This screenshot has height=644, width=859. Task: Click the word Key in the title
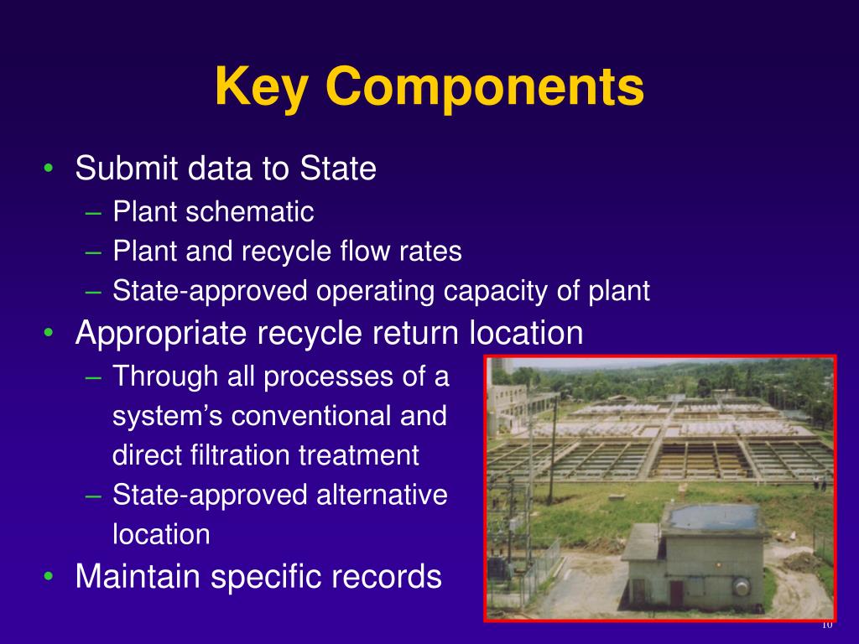(262, 86)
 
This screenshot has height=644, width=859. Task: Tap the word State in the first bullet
(338, 169)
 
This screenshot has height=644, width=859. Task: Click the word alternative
(382, 495)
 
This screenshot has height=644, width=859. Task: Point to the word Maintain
(143, 576)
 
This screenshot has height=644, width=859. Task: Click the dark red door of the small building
(675, 593)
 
